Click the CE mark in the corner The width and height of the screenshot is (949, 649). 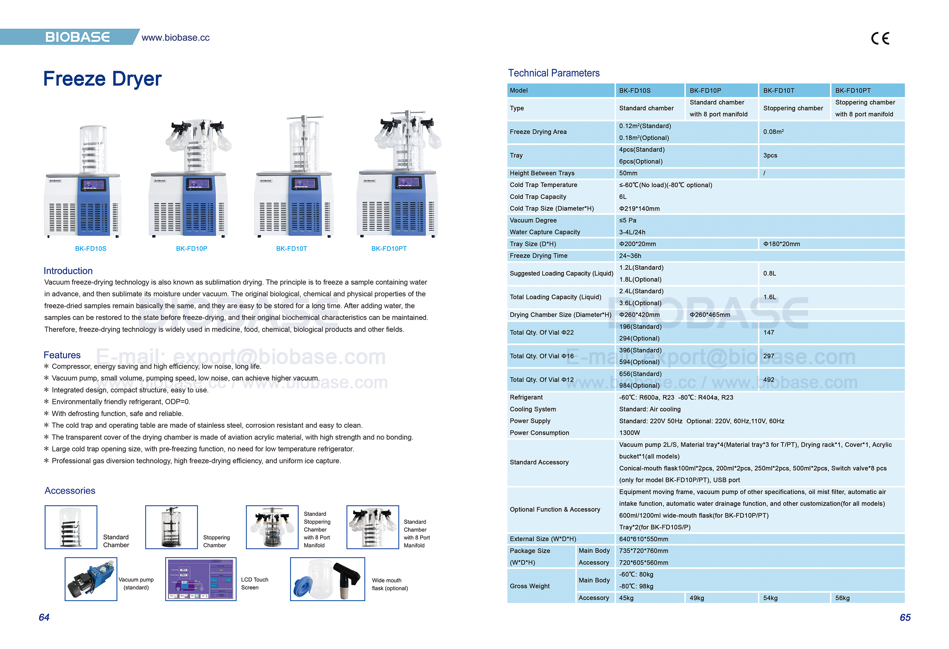(x=880, y=39)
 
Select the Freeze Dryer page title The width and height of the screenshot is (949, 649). (x=102, y=79)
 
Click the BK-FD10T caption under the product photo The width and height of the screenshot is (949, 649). (x=291, y=248)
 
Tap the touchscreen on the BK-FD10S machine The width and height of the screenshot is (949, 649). (x=93, y=185)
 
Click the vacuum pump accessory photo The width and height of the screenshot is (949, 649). (x=91, y=579)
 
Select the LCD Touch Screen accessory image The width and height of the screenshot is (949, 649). (x=201, y=579)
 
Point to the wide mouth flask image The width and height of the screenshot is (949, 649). (x=327, y=579)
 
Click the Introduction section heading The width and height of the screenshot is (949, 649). (x=68, y=271)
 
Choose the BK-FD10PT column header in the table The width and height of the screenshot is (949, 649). (x=853, y=90)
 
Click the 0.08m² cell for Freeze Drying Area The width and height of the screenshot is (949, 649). (x=773, y=132)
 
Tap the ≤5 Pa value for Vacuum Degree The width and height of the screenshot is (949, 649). (x=627, y=220)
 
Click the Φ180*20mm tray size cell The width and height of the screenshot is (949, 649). (x=781, y=244)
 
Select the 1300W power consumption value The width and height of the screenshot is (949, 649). (x=629, y=432)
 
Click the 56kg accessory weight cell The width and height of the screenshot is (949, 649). (x=842, y=598)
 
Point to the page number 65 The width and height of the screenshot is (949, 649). (x=905, y=617)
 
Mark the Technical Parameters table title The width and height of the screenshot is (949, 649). (x=553, y=73)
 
